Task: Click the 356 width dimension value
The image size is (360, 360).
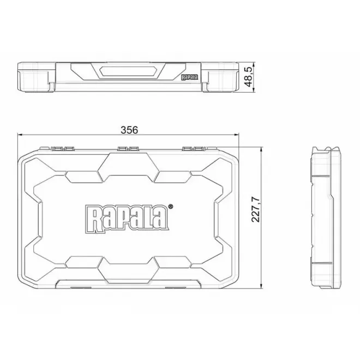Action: (x=130, y=130)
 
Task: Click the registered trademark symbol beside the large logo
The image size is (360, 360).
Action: (x=171, y=207)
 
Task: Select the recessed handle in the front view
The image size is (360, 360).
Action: (x=129, y=71)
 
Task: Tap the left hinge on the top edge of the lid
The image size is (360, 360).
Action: (x=60, y=148)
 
